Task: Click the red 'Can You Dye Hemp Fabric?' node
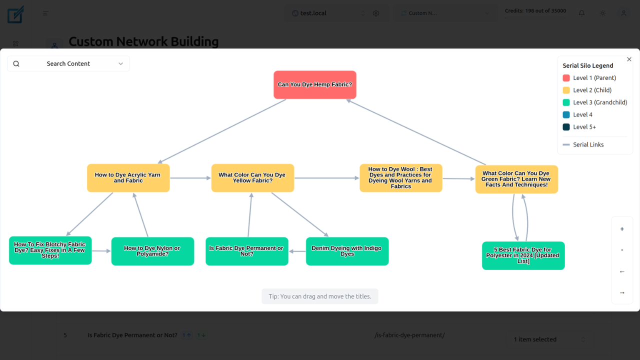(315, 84)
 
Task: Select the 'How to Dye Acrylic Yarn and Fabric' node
(128, 178)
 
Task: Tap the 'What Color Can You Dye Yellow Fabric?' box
(252, 178)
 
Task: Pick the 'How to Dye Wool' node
(401, 178)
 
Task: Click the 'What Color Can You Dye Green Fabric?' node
(516, 179)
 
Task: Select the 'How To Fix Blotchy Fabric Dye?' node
(50, 250)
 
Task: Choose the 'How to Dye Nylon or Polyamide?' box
(152, 251)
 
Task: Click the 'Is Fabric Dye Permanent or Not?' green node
(247, 251)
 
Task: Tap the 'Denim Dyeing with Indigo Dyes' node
(347, 251)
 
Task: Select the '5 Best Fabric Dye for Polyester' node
(523, 255)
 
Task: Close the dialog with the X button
(629, 59)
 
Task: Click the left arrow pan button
(622, 272)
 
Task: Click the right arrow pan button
(622, 293)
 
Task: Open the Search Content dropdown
(68, 64)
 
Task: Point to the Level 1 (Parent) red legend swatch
(566, 78)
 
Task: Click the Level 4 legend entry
(582, 115)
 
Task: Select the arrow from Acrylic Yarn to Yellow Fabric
(190, 178)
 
